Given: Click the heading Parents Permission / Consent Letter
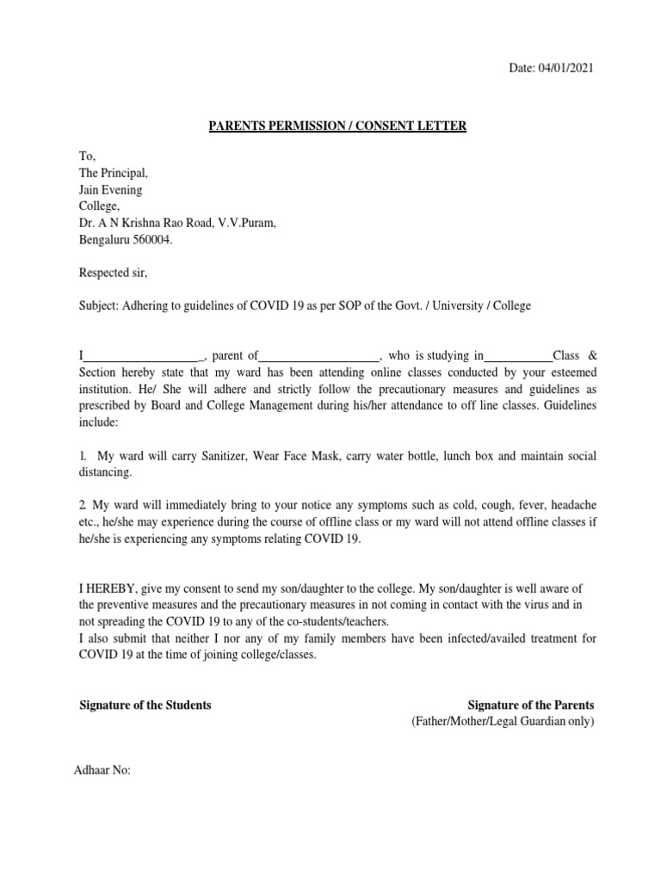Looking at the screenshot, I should (338, 126).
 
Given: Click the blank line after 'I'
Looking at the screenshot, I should (142, 355).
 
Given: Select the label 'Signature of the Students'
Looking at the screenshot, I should (145, 705).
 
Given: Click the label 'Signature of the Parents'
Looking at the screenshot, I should (530, 705).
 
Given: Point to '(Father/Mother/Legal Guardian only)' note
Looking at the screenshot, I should (503, 722).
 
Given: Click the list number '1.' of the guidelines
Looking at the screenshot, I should (83, 456).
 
